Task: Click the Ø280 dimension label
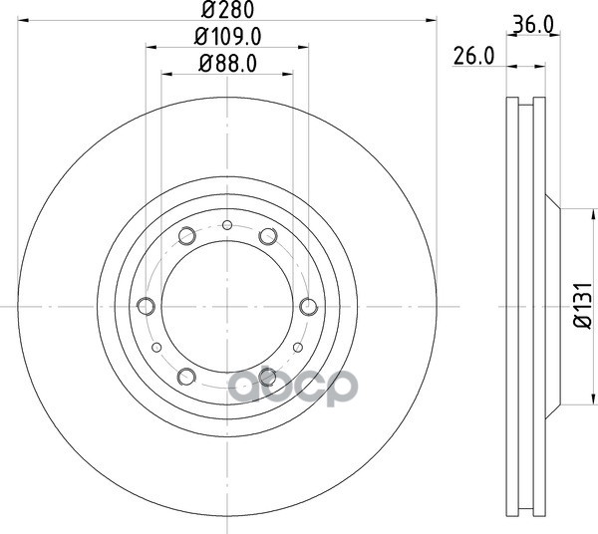pyautogui.click(x=227, y=10)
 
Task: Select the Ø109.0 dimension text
pyautogui.click(x=227, y=37)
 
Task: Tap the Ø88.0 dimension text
pyautogui.click(x=227, y=64)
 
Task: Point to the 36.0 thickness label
pyautogui.click(x=533, y=25)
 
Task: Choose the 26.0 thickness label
pyautogui.click(x=473, y=56)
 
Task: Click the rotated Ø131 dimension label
pyautogui.click(x=583, y=305)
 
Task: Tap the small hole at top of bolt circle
pyautogui.click(x=227, y=225)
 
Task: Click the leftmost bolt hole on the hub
pyautogui.click(x=146, y=306)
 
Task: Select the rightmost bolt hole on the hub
pyautogui.click(x=309, y=306)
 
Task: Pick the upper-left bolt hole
pyautogui.click(x=187, y=235)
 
